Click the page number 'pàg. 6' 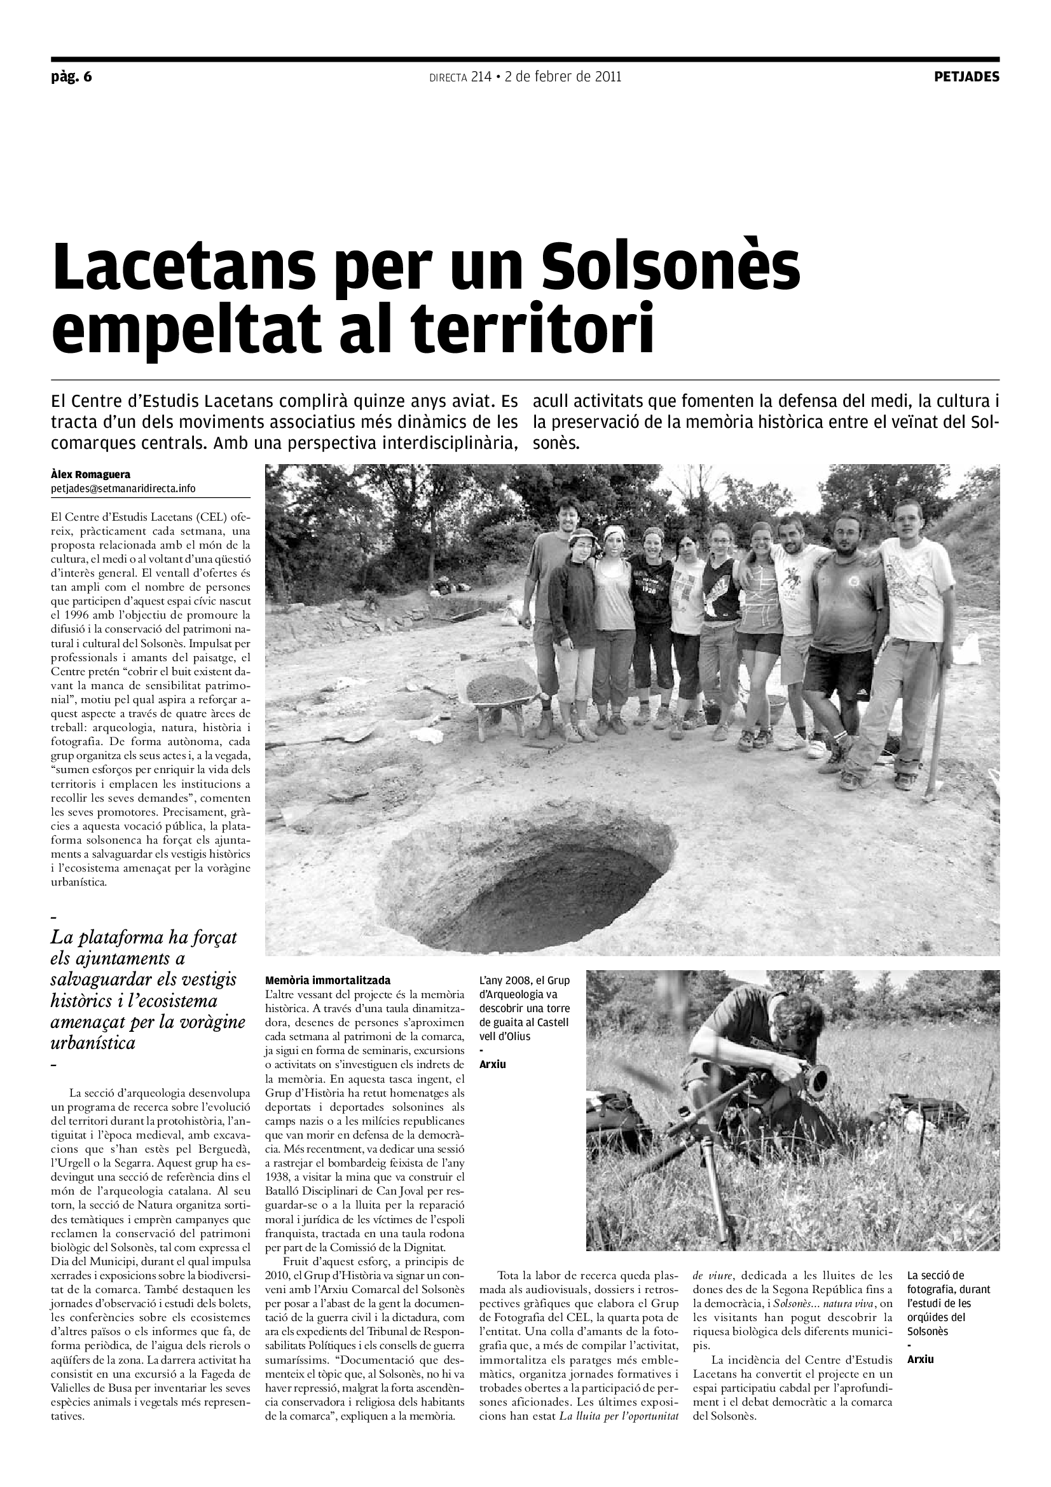click(x=71, y=77)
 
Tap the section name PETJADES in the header click(x=966, y=77)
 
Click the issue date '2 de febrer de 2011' click(x=563, y=77)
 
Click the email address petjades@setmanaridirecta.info click(x=123, y=488)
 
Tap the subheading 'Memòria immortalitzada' click(x=327, y=980)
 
